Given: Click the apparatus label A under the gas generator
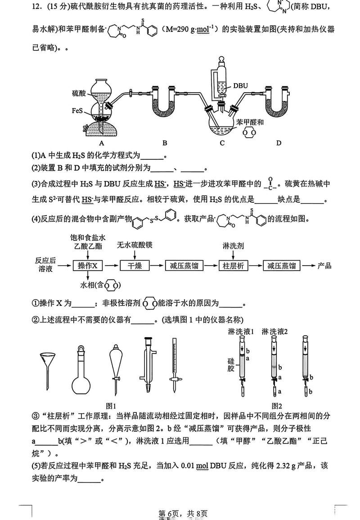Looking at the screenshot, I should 102,143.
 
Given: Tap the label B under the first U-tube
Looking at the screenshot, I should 165,143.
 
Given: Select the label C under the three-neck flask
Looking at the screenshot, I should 222,143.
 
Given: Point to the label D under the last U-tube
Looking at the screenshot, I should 279,143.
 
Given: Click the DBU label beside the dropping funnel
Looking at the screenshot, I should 241,84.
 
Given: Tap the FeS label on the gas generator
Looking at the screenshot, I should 77,110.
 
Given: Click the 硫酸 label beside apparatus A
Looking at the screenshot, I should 78,93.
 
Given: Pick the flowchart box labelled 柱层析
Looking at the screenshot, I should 233,266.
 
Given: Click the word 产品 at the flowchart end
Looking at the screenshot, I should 324,265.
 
